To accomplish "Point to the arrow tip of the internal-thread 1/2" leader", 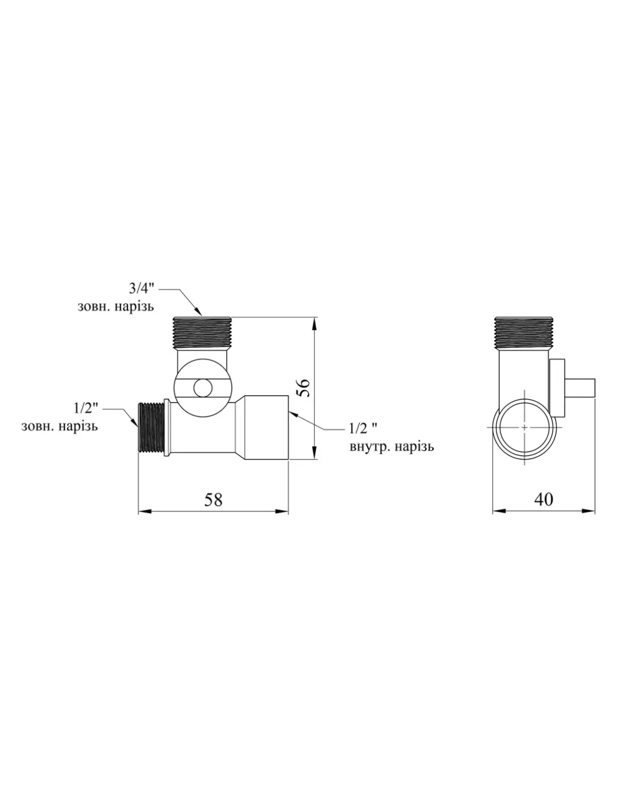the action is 289,411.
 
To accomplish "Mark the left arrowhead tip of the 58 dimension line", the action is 138,511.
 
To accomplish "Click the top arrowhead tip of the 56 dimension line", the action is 314,318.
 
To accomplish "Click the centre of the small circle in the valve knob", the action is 203,388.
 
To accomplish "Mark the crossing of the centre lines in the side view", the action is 524,428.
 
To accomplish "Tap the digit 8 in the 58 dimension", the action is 218,499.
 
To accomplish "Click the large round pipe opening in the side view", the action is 524,428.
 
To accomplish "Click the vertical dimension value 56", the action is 303,387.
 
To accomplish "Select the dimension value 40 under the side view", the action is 544,499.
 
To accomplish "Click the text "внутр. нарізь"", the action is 392,447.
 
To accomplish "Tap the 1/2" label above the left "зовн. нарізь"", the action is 85,408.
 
